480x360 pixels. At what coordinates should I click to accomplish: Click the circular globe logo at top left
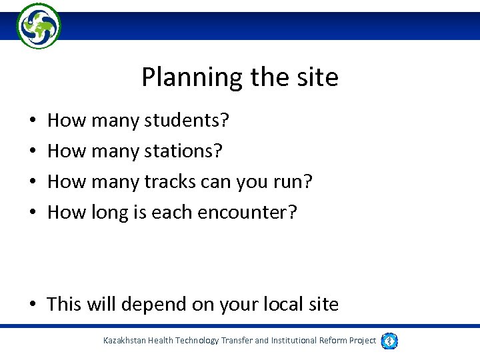38,25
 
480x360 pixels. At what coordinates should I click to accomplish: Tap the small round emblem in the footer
389,341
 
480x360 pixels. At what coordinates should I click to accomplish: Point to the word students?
187,121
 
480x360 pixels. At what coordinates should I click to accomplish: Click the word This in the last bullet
63,305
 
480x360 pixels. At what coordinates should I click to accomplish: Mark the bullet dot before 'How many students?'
33,122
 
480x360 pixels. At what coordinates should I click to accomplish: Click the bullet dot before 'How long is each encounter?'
33,213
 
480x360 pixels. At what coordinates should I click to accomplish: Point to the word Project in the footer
363,341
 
